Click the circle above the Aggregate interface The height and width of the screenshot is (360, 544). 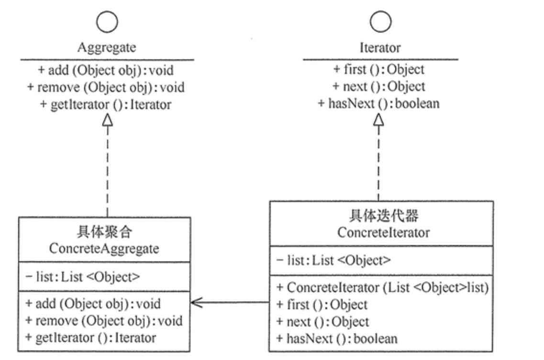tap(107, 21)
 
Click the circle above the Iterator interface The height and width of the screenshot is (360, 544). tap(380, 21)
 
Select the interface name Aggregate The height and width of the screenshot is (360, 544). tap(107, 47)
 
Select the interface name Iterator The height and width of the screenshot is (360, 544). tap(380, 47)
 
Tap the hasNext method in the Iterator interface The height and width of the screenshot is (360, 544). tap(378, 103)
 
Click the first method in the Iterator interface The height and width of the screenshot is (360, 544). tap(378, 69)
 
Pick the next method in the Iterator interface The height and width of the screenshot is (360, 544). tap(378, 86)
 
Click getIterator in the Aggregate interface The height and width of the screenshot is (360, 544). tap(106, 104)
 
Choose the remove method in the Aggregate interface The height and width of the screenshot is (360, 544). tap(106, 87)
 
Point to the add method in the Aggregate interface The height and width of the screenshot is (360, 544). tap(106, 70)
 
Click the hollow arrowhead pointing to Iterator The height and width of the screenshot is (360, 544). tap(378, 118)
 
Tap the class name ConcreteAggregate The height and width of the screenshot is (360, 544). tap(104, 249)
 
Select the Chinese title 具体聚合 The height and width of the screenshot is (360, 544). tap(104, 233)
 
